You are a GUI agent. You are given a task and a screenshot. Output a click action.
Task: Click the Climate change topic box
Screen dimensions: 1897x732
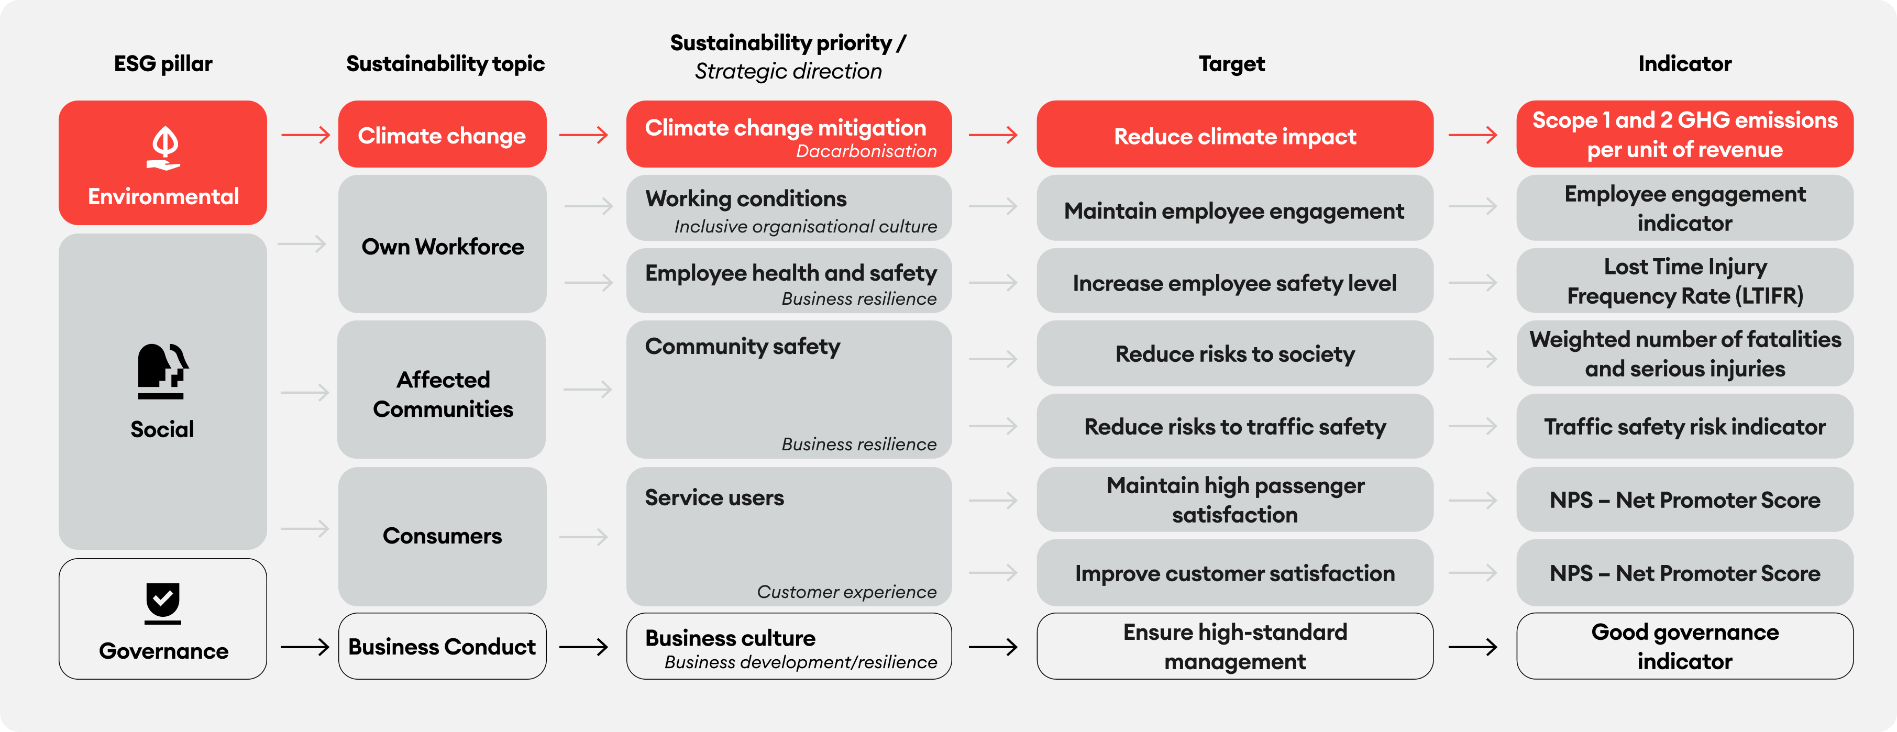coord(442,134)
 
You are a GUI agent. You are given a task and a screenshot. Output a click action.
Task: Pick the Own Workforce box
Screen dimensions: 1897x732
coord(442,244)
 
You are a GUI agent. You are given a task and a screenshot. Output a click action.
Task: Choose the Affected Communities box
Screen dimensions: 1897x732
coord(442,390)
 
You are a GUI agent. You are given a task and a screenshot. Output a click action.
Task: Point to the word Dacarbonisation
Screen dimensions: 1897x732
coord(866,151)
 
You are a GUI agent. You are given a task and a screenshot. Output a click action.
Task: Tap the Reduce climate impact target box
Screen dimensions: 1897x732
coord(1235,134)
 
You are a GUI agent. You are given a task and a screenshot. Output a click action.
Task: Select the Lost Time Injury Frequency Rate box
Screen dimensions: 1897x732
coord(1685,281)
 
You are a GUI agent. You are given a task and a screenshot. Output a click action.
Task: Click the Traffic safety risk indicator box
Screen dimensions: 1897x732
coord(1685,426)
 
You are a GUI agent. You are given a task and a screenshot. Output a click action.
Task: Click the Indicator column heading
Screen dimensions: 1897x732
coord(1685,63)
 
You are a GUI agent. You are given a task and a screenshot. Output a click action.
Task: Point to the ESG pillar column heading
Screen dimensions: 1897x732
coord(163,63)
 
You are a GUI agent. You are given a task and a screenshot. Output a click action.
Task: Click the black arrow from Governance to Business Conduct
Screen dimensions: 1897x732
coord(305,647)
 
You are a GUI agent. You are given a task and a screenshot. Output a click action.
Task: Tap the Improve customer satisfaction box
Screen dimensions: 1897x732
coord(1235,572)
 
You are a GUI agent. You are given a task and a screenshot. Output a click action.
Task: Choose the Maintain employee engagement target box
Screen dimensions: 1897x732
coord(1235,208)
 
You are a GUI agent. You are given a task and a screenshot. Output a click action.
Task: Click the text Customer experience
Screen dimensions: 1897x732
coord(846,592)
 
